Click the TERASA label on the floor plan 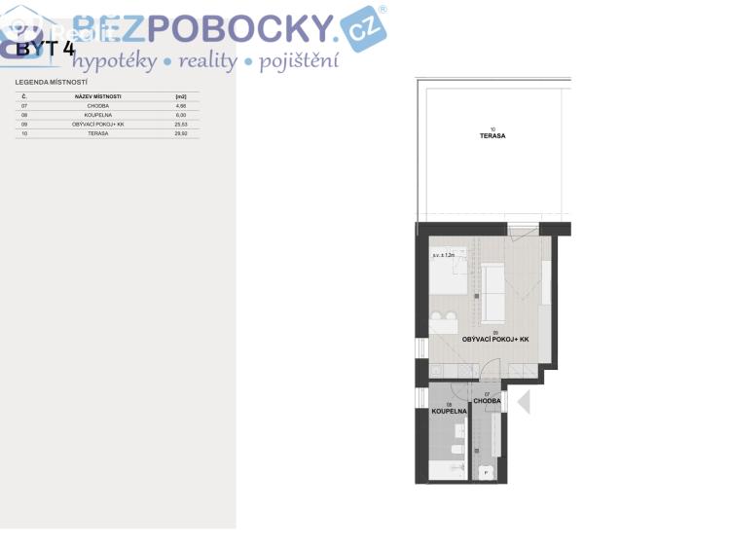click(x=492, y=136)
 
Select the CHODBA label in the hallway click(x=487, y=401)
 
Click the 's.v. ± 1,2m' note click(x=444, y=255)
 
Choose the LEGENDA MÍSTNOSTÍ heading click(x=52, y=83)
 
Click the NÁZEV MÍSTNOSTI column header click(x=97, y=97)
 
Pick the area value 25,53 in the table click(x=180, y=125)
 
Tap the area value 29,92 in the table click(x=180, y=133)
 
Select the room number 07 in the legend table click(x=24, y=106)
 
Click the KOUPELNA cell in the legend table click(x=97, y=115)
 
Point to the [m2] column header click(x=180, y=97)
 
